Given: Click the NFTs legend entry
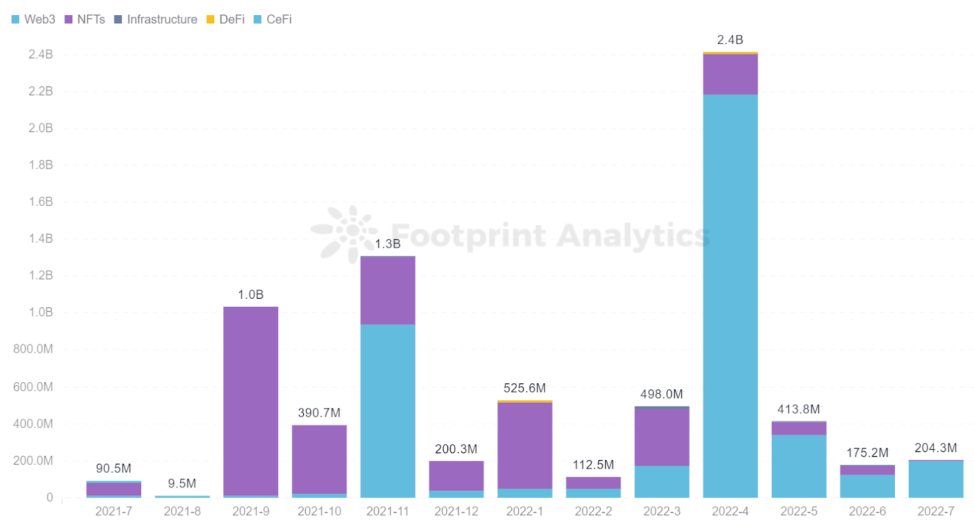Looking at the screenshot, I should point(85,19).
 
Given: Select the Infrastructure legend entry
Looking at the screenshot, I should point(156,19).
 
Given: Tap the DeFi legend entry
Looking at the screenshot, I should point(226,19).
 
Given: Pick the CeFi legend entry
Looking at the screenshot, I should point(273,19).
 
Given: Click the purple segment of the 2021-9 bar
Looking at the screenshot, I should point(251,402).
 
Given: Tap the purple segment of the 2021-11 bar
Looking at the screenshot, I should point(388,291).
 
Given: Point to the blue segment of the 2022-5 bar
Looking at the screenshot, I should point(799,466).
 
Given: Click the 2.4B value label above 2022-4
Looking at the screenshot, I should point(730,40).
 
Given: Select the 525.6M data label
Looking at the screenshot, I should point(525,388).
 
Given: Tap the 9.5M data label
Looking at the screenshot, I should point(182,484).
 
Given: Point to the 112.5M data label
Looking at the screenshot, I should point(594,465).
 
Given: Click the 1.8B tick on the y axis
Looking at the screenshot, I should point(41,165).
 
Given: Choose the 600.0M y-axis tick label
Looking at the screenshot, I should point(33,387).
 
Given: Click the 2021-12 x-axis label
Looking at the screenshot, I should point(457,512).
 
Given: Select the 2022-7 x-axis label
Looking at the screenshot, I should point(936,512).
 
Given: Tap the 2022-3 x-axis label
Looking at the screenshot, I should point(662,512).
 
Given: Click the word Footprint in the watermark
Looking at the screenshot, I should point(468,236).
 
